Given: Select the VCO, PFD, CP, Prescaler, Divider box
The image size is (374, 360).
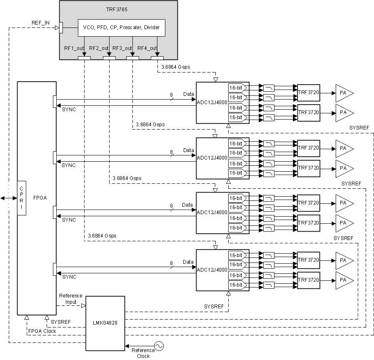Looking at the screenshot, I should coord(122,28).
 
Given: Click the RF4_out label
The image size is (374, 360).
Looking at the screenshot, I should coord(147,48).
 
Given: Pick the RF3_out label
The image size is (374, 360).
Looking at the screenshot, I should coord(123,48).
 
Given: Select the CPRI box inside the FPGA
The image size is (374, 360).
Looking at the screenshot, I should coord(22,198).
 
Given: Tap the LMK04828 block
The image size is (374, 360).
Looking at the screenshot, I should coord(105,323).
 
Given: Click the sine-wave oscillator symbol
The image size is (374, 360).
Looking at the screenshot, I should coord(159,346).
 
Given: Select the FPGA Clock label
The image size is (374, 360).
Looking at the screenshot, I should coord(42,331).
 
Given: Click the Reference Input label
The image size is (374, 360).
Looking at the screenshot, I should coord(71,299).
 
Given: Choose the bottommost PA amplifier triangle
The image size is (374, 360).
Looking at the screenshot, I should coord(344,280).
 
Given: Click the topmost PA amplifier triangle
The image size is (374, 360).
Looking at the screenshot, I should coord(344,92).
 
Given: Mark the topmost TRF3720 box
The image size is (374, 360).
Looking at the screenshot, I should coord(308,92).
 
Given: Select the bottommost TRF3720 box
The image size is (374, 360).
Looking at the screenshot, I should coord(308,280).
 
